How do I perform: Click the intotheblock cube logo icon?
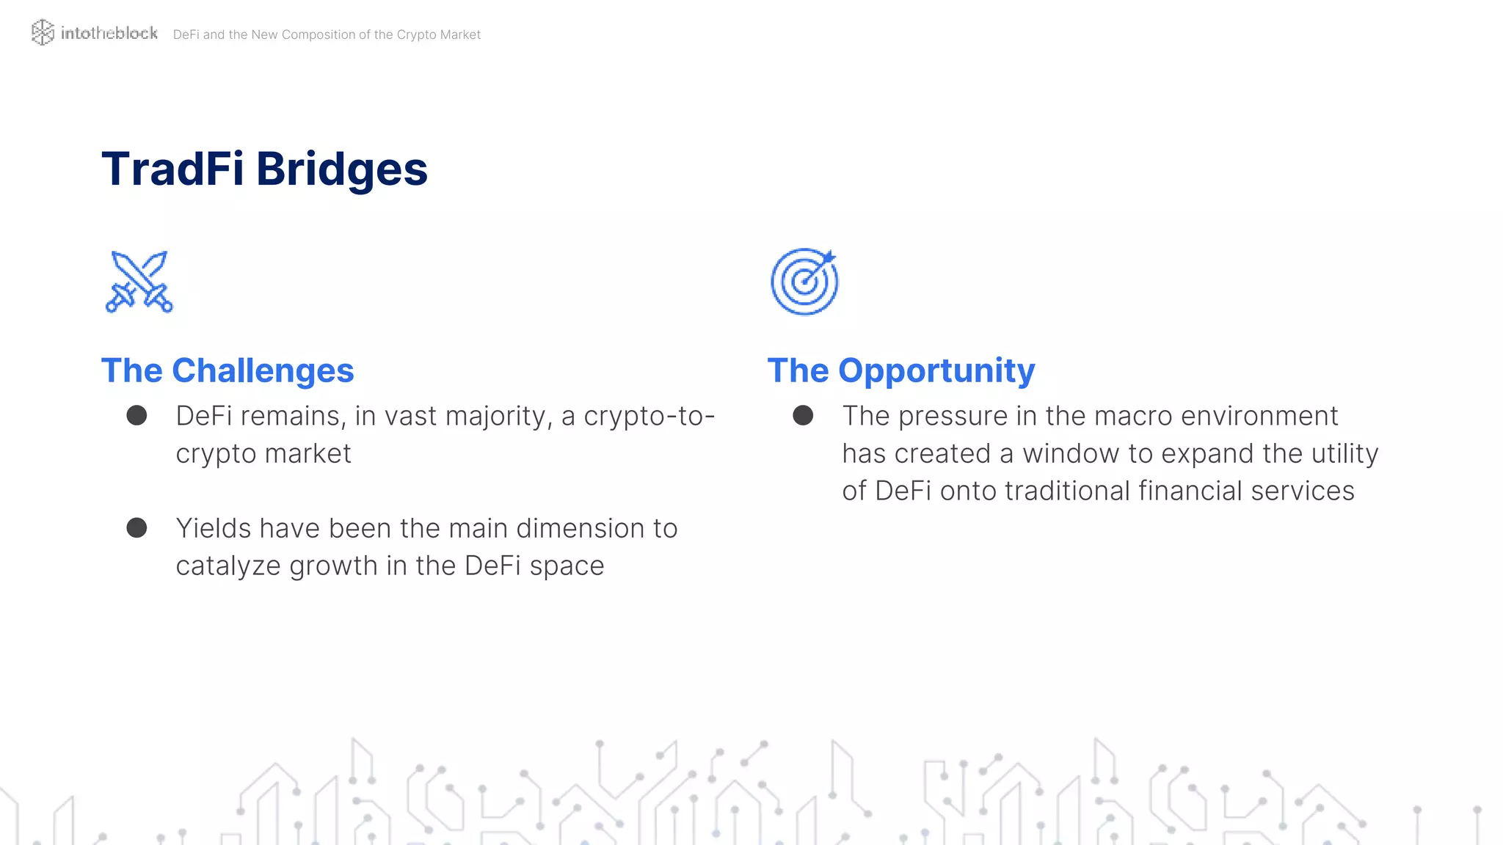(x=43, y=32)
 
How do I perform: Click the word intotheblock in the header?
(x=109, y=33)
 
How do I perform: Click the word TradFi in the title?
(x=172, y=169)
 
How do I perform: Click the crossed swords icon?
(x=139, y=282)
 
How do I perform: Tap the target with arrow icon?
(x=804, y=282)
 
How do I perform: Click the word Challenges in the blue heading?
(x=263, y=370)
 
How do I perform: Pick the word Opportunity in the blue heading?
(x=936, y=371)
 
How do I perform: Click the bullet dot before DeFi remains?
(x=137, y=416)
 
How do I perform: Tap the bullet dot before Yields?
(x=137, y=528)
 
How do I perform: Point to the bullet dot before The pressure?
(x=803, y=416)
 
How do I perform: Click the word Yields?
(x=213, y=528)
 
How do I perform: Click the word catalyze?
(x=228, y=566)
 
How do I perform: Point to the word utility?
(x=1344, y=453)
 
